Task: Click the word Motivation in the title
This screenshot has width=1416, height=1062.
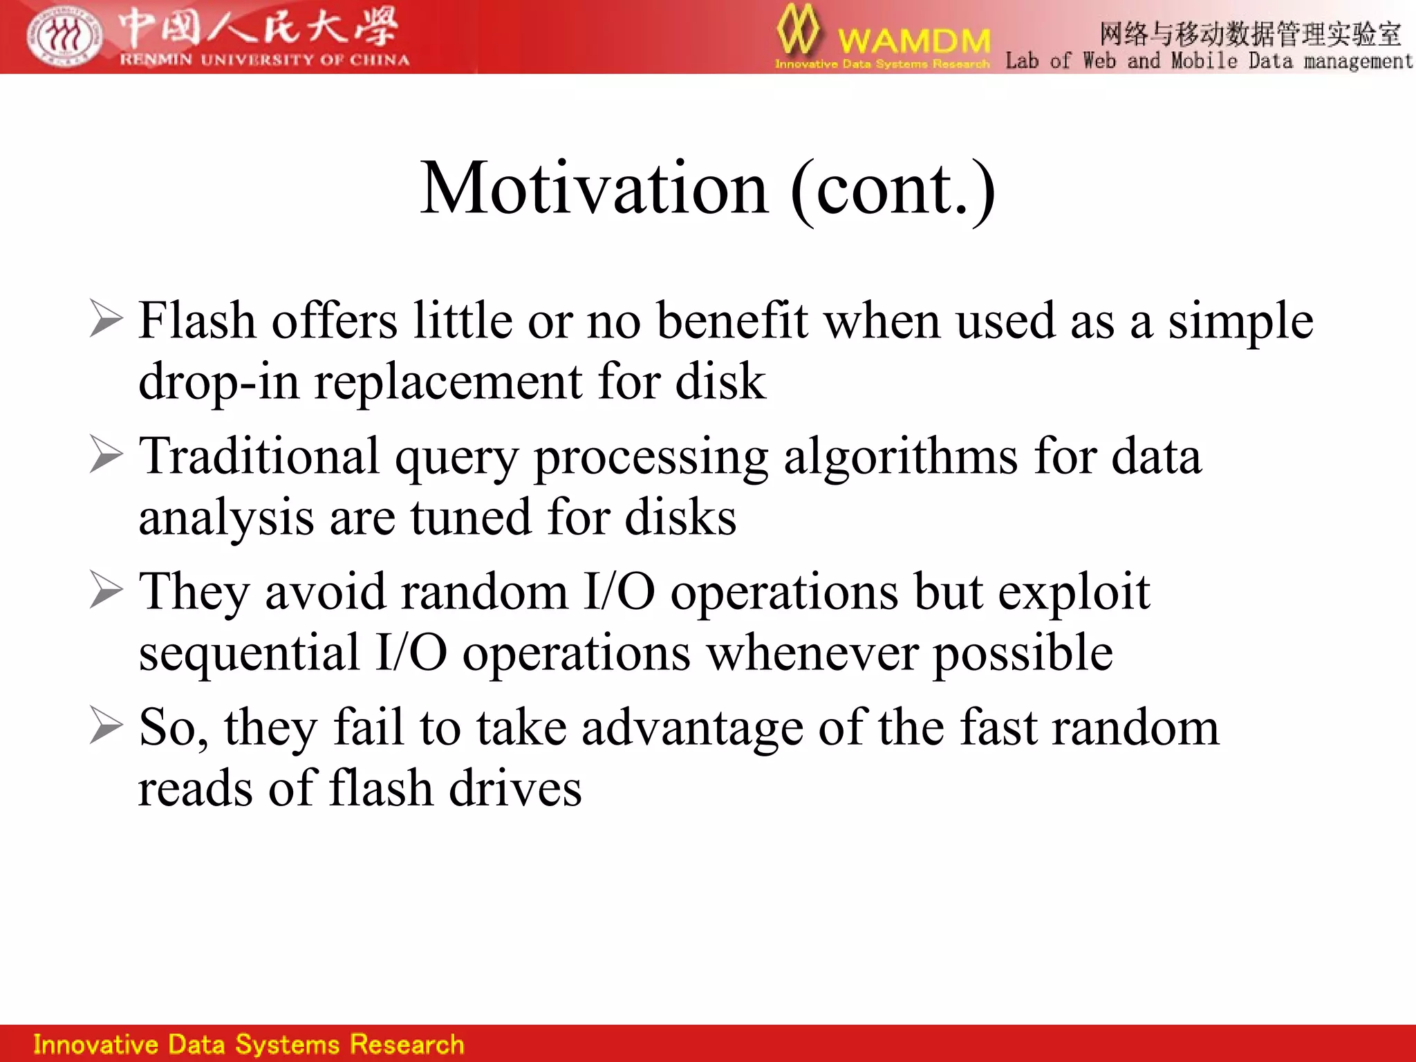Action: click(594, 189)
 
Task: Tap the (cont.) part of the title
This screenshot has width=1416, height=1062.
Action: click(892, 190)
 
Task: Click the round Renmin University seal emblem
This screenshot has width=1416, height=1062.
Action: click(64, 37)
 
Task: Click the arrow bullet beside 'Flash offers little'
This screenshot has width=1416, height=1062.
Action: click(106, 319)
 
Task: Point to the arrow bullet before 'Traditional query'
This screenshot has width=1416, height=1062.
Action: click(106, 455)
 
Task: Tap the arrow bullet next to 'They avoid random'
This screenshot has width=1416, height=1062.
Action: click(106, 590)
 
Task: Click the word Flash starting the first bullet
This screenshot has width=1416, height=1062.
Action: click(197, 321)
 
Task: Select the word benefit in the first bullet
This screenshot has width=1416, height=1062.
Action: click(732, 321)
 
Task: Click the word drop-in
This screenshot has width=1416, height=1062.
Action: click(218, 382)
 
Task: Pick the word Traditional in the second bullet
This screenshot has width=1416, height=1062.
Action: click(259, 456)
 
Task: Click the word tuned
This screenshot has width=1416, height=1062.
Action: click(470, 517)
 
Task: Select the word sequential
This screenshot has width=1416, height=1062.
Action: click(249, 653)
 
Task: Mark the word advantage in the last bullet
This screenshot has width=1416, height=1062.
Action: click(692, 729)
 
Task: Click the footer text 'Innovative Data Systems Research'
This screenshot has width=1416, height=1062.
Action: click(249, 1044)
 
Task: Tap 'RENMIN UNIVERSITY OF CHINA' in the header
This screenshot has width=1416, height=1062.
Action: click(264, 60)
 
